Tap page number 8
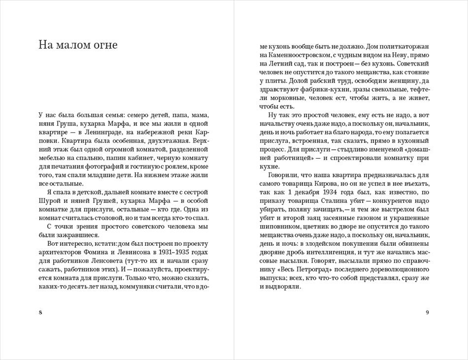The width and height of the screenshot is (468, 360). point(40,312)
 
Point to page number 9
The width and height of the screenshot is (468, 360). point(427,312)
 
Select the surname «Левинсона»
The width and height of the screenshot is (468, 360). point(131,252)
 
